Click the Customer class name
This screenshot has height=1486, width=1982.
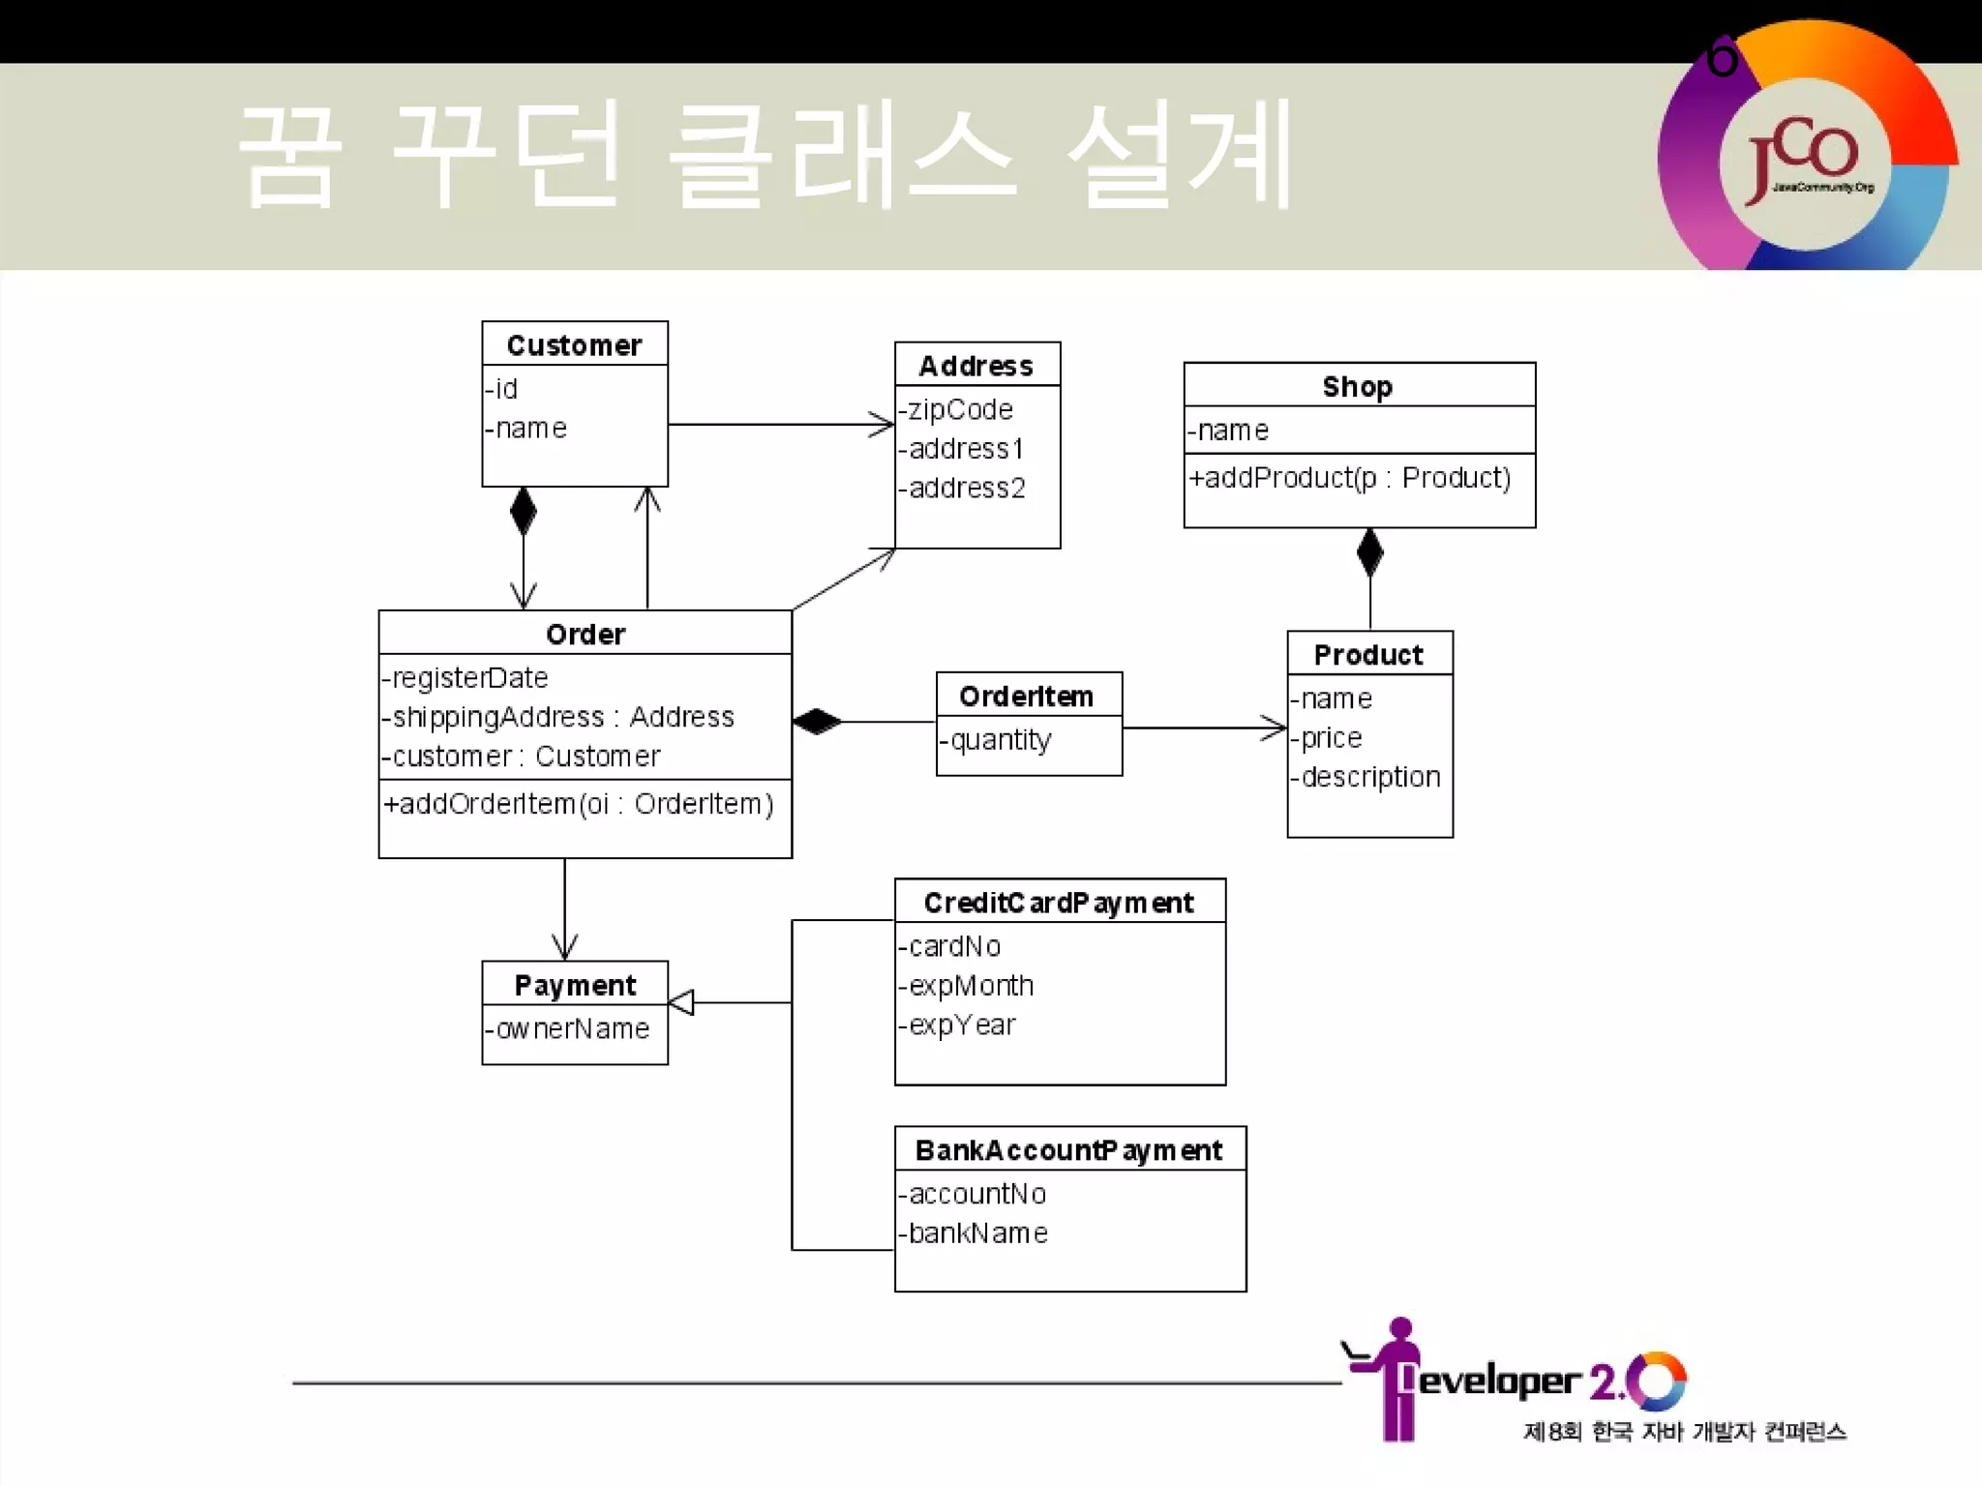tap(574, 345)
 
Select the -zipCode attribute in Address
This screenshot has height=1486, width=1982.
tap(956, 410)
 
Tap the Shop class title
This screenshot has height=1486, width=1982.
tap(1358, 387)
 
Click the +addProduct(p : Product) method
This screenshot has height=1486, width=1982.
tap(1349, 478)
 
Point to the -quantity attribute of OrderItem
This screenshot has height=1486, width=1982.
tap(996, 740)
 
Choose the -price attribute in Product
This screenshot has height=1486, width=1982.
tap(1327, 738)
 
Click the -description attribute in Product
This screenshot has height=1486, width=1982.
tap(1366, 777)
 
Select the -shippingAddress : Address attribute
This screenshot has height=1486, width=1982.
tap(558, 717)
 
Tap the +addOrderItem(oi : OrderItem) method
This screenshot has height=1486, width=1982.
tap(579, 804)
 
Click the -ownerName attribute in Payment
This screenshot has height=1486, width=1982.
tap(567, 1028)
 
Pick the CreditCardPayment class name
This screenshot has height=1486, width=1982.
tap(1059, 903)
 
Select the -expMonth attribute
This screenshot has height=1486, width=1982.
tap(966, 986)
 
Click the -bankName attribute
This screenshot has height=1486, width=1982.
tap(973, 1233)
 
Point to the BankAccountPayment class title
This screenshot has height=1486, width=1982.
tap(1068, 1150)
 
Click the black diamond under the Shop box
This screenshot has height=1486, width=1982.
tap(1369, 552)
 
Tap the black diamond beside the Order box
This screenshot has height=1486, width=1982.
tap(817, 722)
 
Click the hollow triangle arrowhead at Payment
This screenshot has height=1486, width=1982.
tap(681, 1002)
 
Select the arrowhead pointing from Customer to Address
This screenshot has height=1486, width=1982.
tap(882, 424)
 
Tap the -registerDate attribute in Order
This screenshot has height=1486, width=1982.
tap(465, 678)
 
